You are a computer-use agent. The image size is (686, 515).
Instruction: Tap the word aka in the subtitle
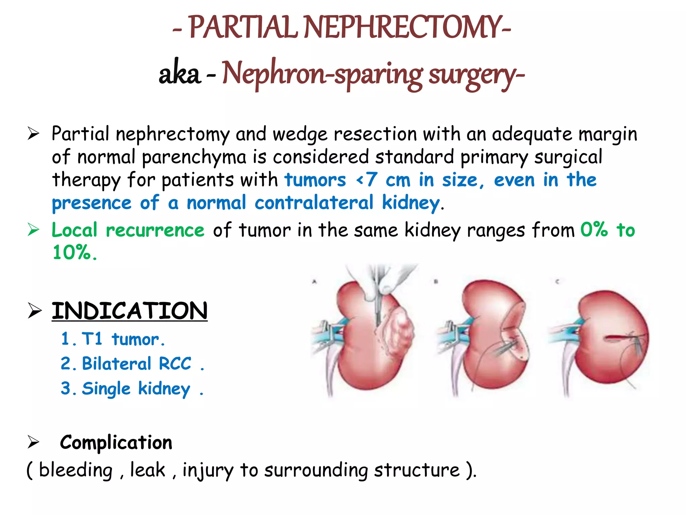pyautogui.click(x=180, y=74)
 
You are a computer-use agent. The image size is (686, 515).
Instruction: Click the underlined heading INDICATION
pyautogui.click(x=130, y=311)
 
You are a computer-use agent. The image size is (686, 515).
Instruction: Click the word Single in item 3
pyautogui.click(x=106, y=389)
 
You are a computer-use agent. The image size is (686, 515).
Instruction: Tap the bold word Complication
pyautogui.click(x=116, y=443)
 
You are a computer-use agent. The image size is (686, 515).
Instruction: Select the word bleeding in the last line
pyautogui.click(x=76, y=470)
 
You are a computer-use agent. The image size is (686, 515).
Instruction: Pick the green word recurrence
pyautogui.click(x=155, y=230)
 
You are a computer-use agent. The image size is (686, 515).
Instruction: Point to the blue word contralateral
pyautogui.click(x=314, y=203)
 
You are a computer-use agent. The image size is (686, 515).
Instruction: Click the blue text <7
pyautogui.click(x=367, y=180)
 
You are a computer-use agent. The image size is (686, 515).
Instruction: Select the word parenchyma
pyautogui.click(x=194, y=157)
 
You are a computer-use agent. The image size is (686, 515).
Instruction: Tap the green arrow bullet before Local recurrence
pyautogui.click(x=33, y=230)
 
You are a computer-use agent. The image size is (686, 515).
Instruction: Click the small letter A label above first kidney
pyautogui.click(x=314, y=282)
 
